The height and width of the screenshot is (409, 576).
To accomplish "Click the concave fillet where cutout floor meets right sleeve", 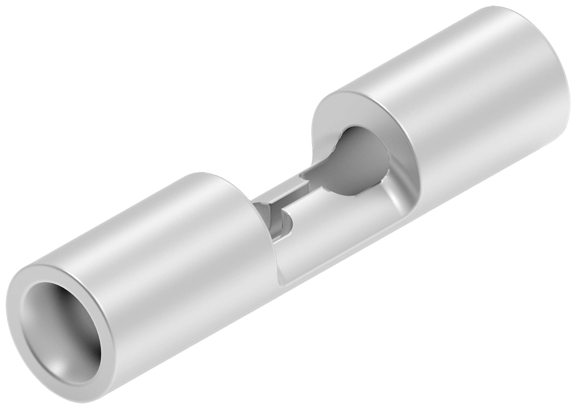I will pos(393,202).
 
